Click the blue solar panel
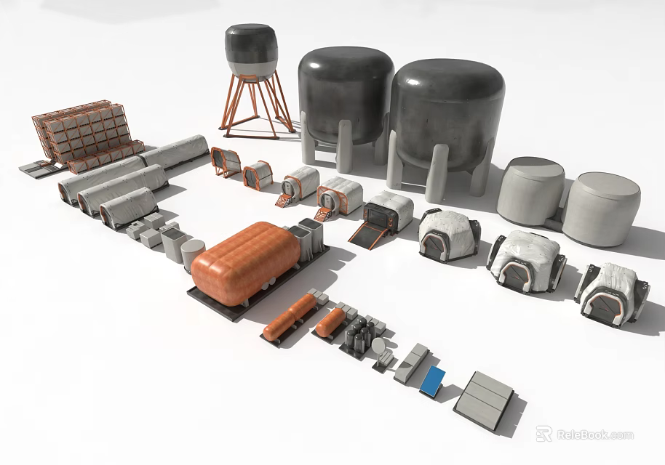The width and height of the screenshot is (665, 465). click(x=434, y=381)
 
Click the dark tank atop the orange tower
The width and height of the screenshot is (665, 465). click(x=250, y=51)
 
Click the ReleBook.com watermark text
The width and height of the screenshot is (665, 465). click(x=595, y=435)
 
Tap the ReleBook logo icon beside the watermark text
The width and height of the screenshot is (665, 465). click(x=544, y=434)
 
